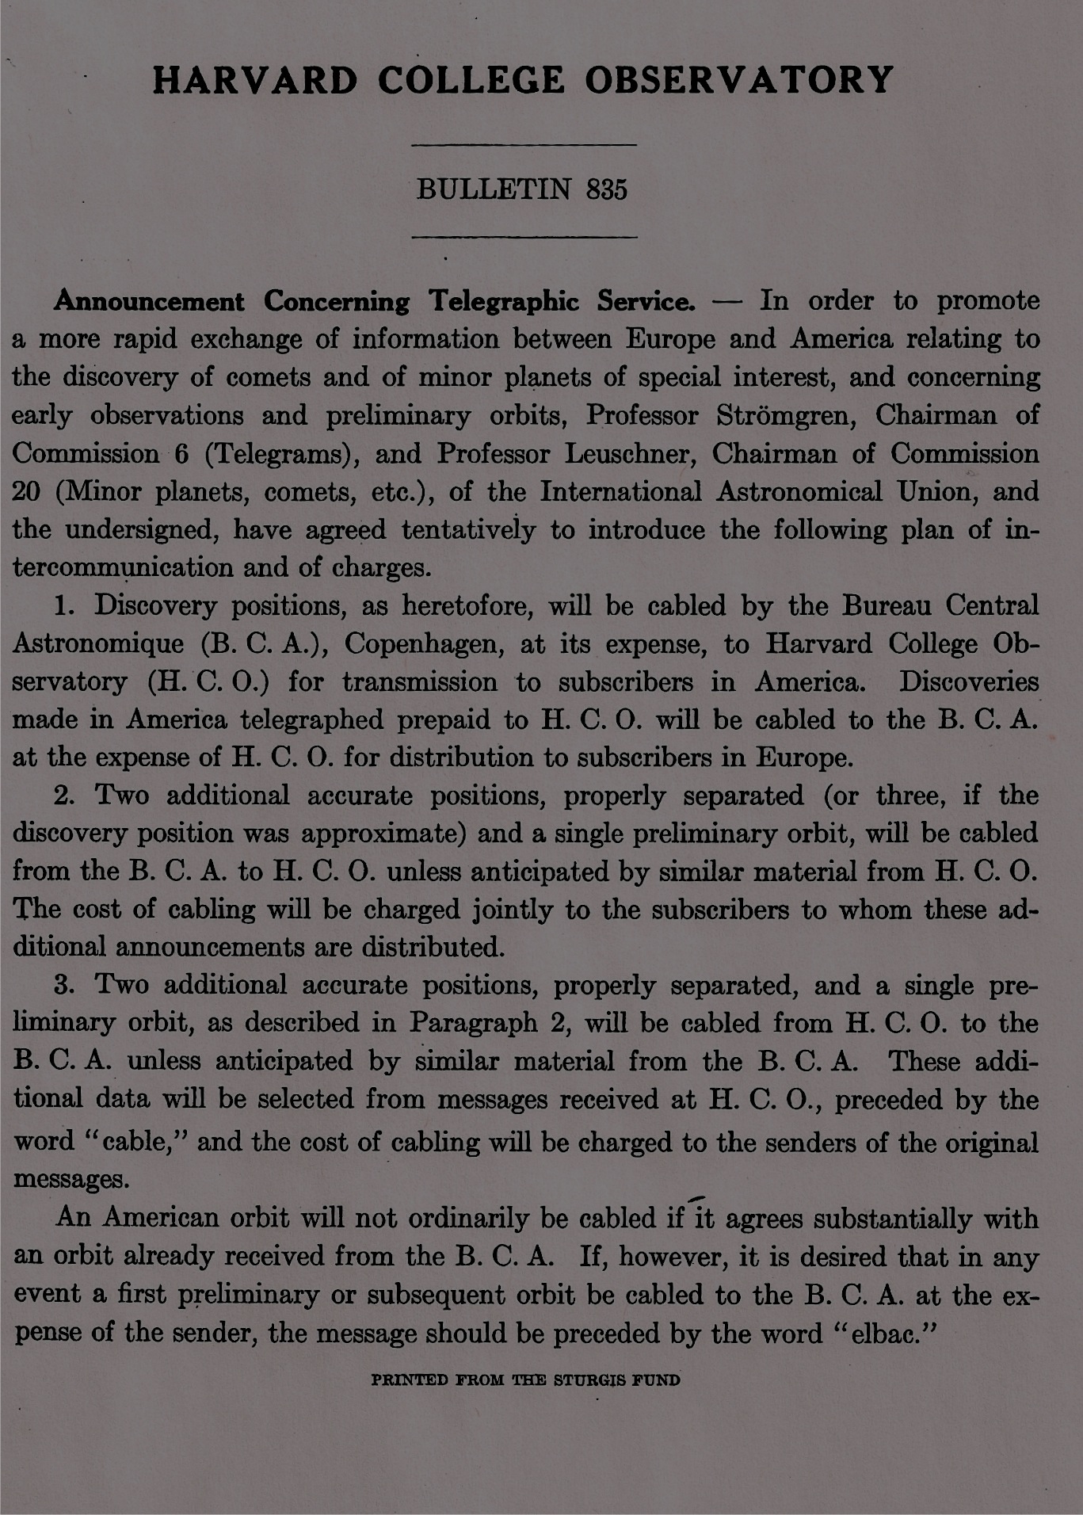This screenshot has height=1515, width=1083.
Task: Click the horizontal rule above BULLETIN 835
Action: pyautogui.click(x=525, y=145)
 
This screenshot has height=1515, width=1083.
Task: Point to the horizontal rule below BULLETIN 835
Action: pyautogui.click(x=525, y=236)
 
